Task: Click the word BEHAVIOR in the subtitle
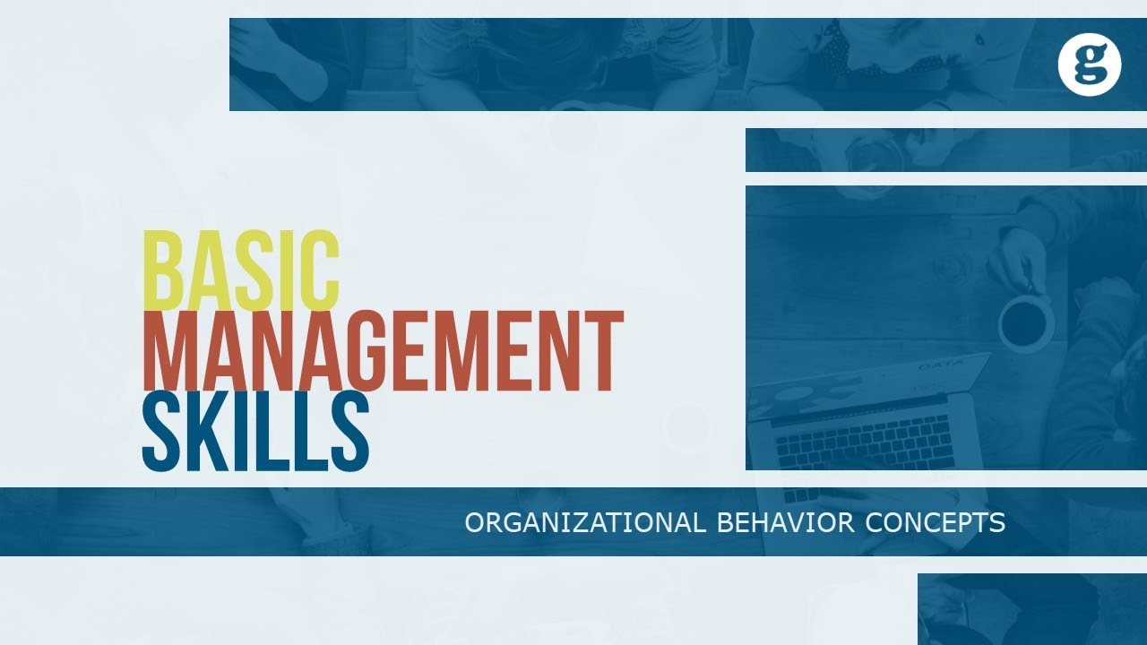coord(785,523)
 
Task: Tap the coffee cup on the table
coord(1025,323)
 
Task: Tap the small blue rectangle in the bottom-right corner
coord(1031,609)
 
